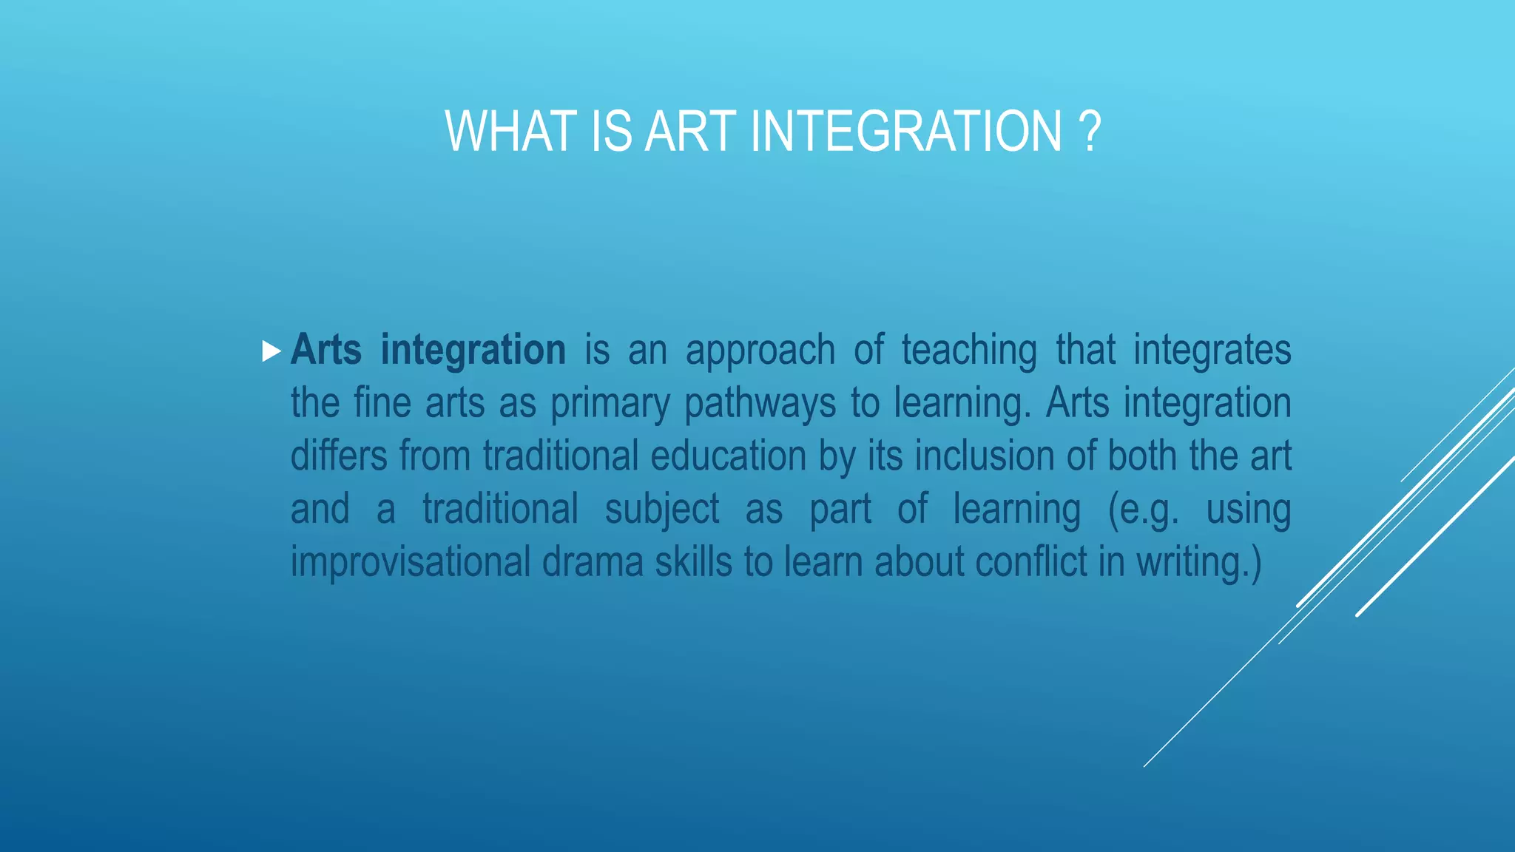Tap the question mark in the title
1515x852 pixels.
(x=1090, y=132)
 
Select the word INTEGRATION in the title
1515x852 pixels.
(x=906, y=132)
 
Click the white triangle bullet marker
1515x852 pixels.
(x=271, y=351)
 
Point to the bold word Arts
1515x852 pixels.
(x=326, y=350)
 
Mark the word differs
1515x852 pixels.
(x=339, y=456)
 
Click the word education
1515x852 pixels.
(x=728, y=456)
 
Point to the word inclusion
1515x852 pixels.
(x=984, y=456)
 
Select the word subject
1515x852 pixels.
(x=662, y=510)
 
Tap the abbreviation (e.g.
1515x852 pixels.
(x=1143, y=510)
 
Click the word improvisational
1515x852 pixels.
(x=411, y=562)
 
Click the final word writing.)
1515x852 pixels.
(x=1198, y=562)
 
